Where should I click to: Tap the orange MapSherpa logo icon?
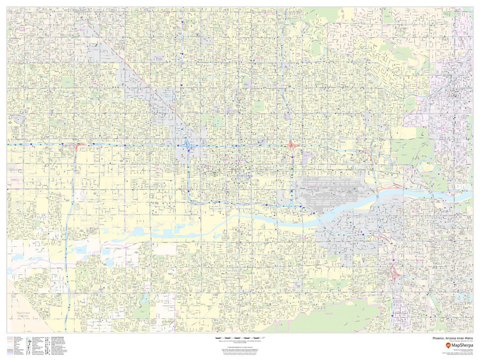431,345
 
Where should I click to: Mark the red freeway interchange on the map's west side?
76,146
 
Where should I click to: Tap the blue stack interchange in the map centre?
188,147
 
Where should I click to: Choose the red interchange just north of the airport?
292,145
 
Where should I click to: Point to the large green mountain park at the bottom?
301,320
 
